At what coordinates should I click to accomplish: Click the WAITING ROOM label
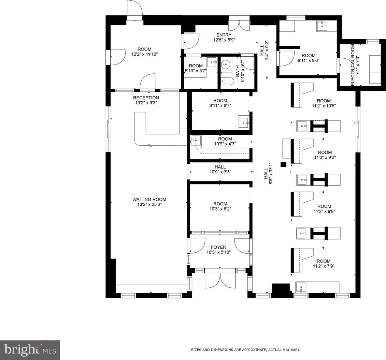[x=149, y=199]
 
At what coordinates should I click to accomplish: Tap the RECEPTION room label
[x=146, y=98]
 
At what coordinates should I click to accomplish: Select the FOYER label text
[x=218, y=247]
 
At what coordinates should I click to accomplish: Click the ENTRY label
[x=224, y=35]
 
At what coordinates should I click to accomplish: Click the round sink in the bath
[x=225, y=64]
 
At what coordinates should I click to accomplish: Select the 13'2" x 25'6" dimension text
[x=149, y=204]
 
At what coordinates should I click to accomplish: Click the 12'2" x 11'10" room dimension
[x=144, y=54]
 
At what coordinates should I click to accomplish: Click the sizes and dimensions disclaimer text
[x=245, y=350]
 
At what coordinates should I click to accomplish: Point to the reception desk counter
[x=160, y=129]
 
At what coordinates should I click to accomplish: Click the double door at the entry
[x=239, y=25]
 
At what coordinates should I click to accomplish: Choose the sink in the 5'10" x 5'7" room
[x=212, y=62]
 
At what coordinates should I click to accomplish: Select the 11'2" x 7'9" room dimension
[x=324, y=266]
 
